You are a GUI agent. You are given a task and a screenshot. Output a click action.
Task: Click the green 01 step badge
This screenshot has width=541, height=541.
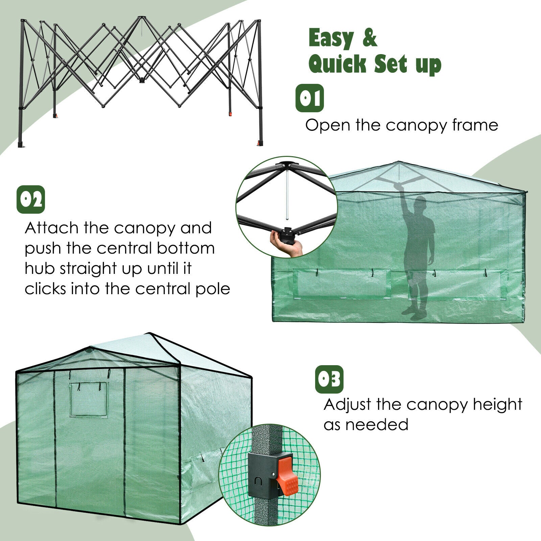click(310, 98)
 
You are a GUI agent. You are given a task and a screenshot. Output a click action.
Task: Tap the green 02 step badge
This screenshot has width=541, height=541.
click(31, 199)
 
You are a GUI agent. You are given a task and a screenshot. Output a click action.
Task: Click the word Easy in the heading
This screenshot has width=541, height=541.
click(330, 39)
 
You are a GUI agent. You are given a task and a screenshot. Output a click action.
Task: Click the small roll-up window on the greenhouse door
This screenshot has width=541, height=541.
click(88, 399)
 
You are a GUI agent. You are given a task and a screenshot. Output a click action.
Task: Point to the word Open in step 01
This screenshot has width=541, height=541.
click(328, 126)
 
